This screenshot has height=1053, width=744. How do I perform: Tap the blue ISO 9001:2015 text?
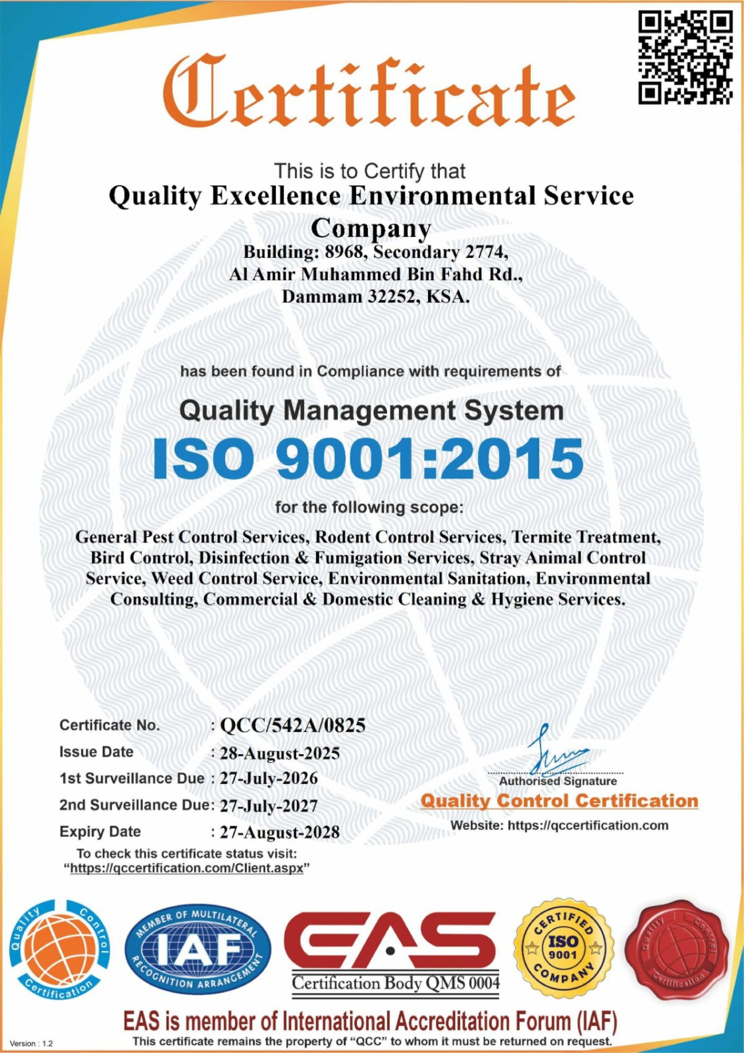point(368,460)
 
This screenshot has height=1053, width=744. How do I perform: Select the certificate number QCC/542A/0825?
point(292,725)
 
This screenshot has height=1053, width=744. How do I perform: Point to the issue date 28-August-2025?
point(279,753)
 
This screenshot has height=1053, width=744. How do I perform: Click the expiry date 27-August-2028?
point(279,832)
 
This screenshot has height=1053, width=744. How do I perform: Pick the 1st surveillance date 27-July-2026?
point(269,779)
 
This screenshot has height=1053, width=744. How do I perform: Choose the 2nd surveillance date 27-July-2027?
point(269,805)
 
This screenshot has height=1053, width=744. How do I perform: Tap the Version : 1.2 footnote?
point(31,1044)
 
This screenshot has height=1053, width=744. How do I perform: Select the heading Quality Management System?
point(372,411)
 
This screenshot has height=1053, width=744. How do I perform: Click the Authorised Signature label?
point(558,781)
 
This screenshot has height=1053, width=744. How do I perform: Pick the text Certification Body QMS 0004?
point(395,983)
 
